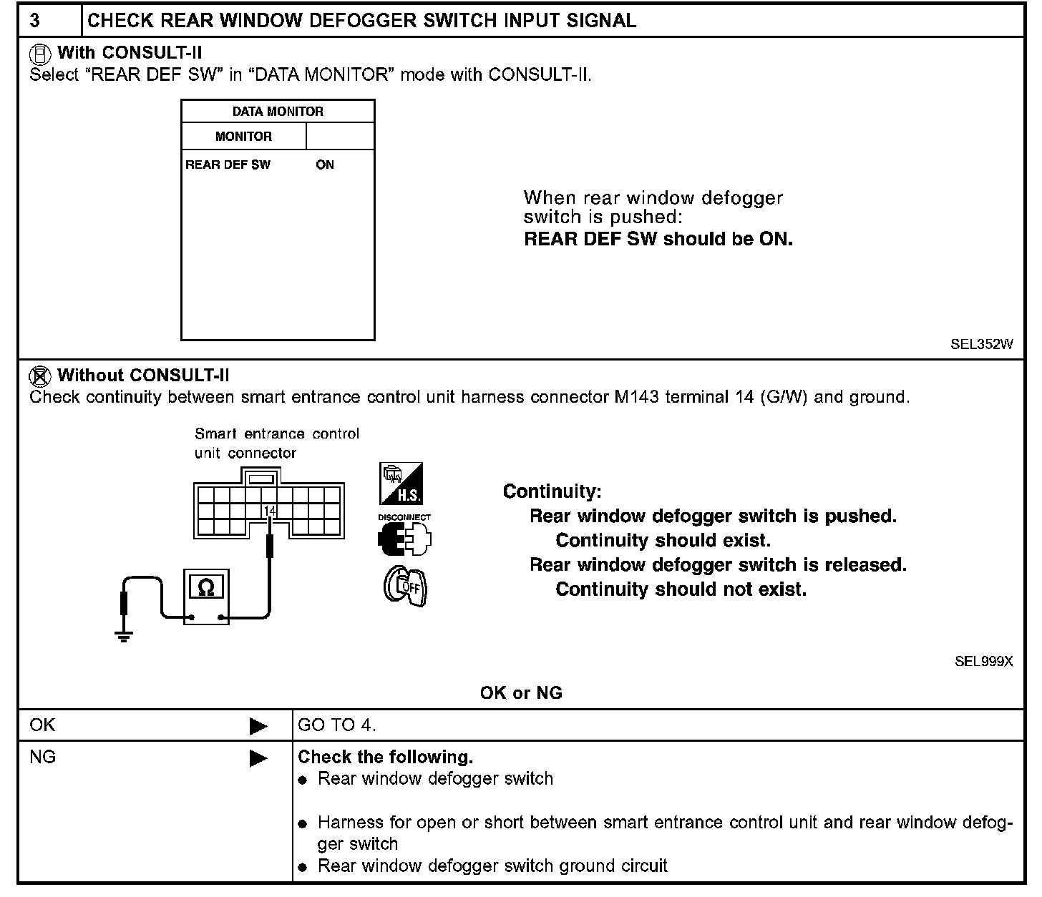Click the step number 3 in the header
click(35, 20)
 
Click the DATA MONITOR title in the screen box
click(278, 112)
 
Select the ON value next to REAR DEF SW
click(325, 165)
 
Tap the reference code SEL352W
click(981, 344)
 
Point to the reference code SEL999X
click(983, 662)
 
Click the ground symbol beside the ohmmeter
click(125, 636)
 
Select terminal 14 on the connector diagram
click(269, 511)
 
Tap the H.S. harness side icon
click(401, 484)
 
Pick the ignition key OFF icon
click(404, 587)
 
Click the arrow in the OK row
click(258, 727)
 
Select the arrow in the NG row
click(258, 758)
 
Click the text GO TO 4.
click(336, 725)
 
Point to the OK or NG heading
click(521, 692)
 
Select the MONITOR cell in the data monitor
click(243, 137)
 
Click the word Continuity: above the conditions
click(552, 491)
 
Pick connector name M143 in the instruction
click(637, 397)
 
